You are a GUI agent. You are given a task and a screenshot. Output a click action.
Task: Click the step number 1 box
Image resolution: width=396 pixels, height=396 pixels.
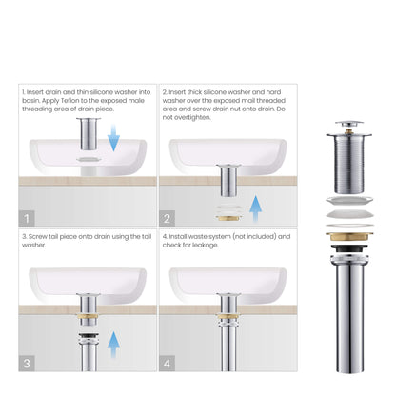(28, 217)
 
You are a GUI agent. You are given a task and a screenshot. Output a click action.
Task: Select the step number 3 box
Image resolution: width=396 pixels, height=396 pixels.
(28, 363)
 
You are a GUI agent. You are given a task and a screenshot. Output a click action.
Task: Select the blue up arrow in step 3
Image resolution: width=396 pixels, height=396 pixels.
(114, 343)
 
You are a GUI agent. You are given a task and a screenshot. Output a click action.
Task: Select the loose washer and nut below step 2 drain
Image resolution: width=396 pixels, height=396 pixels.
(228, 207)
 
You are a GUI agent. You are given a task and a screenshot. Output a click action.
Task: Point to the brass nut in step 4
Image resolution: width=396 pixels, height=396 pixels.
(228, 311)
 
